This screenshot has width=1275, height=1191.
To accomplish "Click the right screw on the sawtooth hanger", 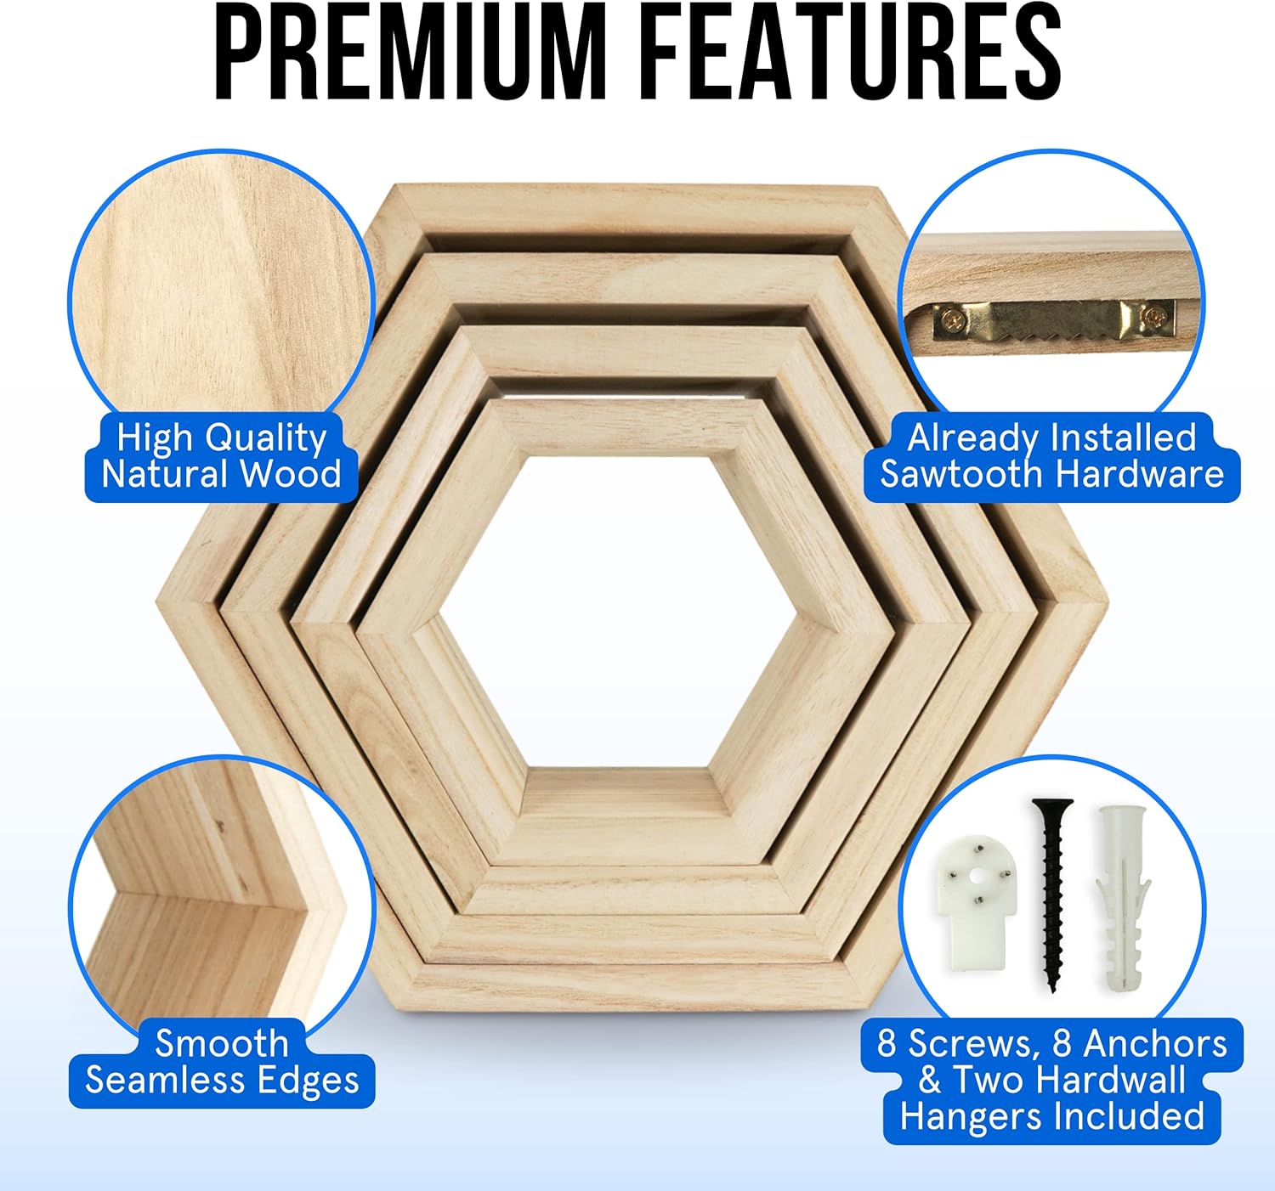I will coord(1155,318).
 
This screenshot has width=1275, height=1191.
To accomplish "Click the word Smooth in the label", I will coord(222,1043).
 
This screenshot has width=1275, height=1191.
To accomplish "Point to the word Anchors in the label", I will coord(1155,1043).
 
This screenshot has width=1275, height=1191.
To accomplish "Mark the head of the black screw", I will coord(1052,806).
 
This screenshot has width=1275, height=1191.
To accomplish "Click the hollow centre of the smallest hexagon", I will coord(619,612).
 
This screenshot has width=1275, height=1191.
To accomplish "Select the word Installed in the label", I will coord(1123,438).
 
